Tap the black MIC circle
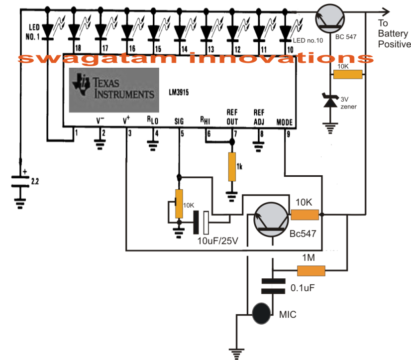pyautogui.click(x=261, y=314)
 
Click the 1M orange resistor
pyautogui.click(x=311, y=270)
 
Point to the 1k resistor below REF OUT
pyautogui.click(x=231, y=167)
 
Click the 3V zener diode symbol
pyautogui.click(x=329, y=102)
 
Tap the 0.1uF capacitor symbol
pyautogui.click(x=270, y=286)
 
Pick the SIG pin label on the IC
pyautogui.click(x=179, y=121)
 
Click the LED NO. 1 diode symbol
pyautogui.click(x=48, y=31)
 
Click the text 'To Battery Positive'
pyautogui.click(x=394, y=34)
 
